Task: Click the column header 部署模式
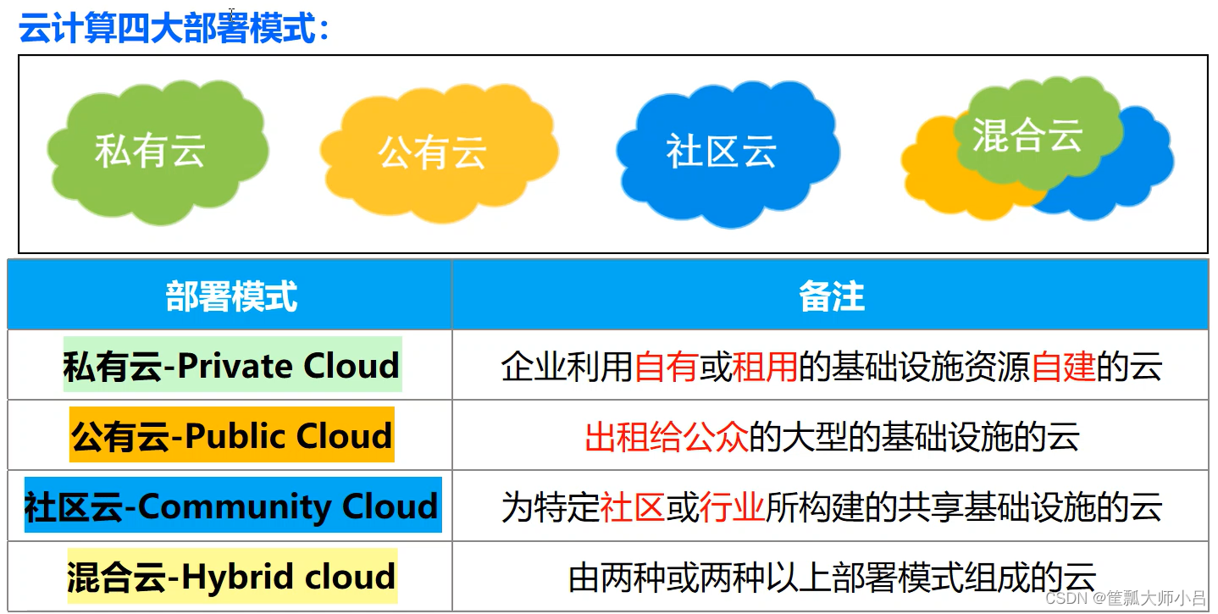(x=231, y=297)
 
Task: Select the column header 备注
(x=831, y=297)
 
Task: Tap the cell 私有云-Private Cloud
(x=231, y=366)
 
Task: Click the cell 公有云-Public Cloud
(x=231, y=436)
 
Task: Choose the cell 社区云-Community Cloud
(x=231, y=506)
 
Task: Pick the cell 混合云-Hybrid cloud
(x=231, y=577)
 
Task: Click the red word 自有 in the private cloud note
(x=666, y=367)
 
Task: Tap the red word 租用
(x=765, y=367)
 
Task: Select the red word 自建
(x=1063, y=367)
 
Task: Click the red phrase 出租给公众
(x=666, y=437)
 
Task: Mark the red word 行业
(x=732, y=507)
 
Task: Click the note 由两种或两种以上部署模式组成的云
(x=832, y=578)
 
